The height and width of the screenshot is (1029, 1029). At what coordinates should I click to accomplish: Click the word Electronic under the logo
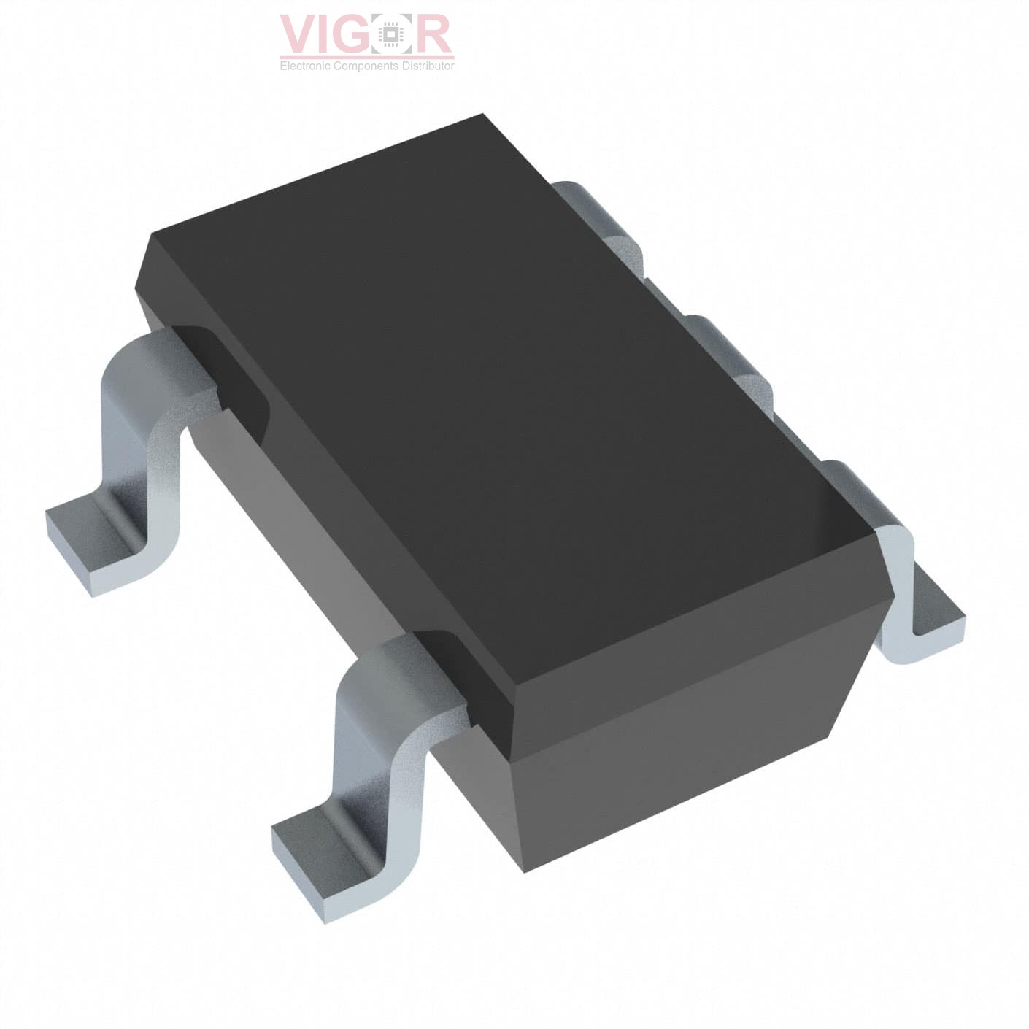305,66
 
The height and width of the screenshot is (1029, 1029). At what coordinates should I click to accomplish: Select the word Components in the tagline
366,66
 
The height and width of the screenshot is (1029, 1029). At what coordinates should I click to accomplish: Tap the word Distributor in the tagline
427,66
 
